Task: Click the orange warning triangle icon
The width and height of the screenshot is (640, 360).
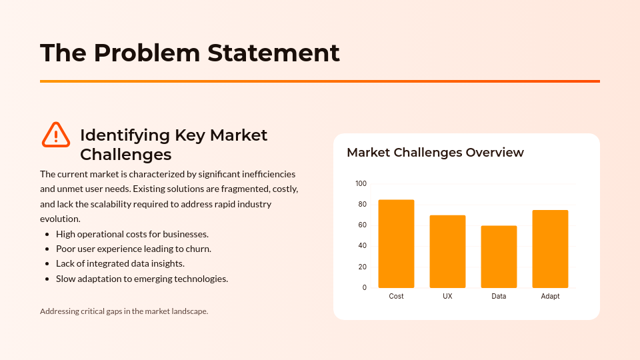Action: pos(56,135)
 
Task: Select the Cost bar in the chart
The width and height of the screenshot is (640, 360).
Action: pos(396,244)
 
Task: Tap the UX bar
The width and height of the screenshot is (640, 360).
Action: pos(447,251)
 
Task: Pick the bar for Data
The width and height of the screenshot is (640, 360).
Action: pos(499,257)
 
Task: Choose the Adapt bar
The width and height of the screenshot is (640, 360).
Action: pos(550,249)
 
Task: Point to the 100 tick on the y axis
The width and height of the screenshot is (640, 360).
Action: pos(361,183)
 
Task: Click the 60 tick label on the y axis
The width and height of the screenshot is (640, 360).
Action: pos(362,225)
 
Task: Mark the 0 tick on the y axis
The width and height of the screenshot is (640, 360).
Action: pos(364,288)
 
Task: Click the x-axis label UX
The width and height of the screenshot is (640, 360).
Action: pos(447,296)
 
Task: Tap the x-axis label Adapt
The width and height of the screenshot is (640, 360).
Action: pos(550,296)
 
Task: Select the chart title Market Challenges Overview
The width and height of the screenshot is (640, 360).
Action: pos(435,153)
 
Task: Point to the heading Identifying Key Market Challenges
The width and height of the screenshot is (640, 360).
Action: pos(173,145)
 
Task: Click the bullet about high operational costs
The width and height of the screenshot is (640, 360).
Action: pos(132,234)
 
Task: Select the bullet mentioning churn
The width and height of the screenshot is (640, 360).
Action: pos(133,249)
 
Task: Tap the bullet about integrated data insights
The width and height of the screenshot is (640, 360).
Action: pos(120,263)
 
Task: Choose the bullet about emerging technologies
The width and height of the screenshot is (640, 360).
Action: pos(142,279)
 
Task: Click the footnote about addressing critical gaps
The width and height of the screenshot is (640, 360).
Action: pos(124,311)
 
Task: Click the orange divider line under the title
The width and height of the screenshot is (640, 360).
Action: pos(320,81)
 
